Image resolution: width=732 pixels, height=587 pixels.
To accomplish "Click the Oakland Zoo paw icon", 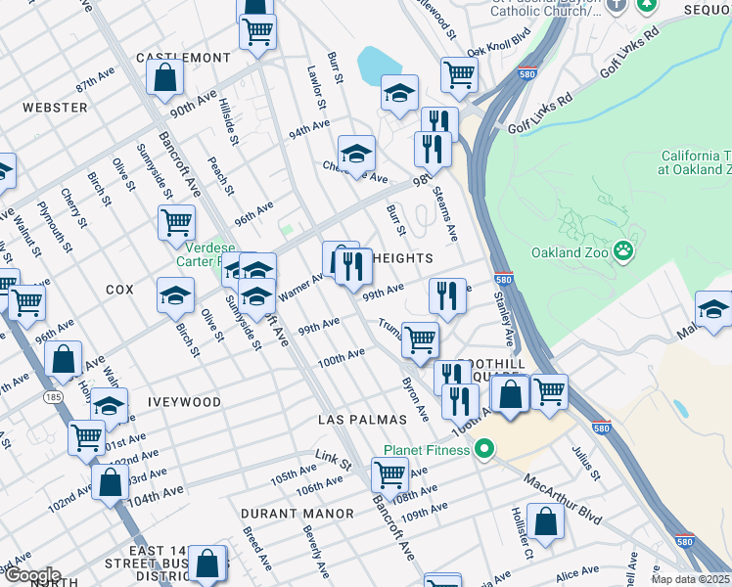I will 624,252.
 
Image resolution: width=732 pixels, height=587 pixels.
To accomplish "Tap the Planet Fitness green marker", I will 482,450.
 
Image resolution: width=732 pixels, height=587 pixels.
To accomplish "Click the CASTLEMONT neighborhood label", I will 182,59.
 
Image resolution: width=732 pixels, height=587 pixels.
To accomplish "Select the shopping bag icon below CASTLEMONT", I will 165,77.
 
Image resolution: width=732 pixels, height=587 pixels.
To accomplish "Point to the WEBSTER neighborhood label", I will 49,107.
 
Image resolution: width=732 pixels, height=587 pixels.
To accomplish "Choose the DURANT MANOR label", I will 297,513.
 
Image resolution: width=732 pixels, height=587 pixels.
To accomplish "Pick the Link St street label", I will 332,457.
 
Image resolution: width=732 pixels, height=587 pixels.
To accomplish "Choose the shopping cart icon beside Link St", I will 389,474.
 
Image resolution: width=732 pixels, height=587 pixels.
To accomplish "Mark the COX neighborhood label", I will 118,291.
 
